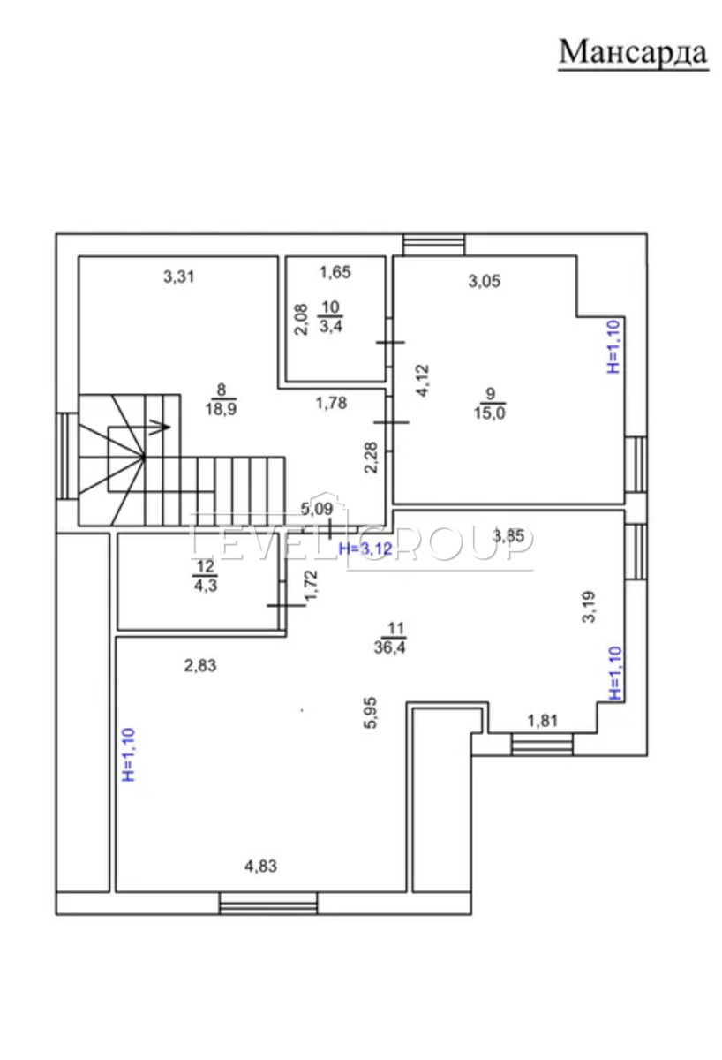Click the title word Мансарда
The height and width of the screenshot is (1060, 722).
[633, 52]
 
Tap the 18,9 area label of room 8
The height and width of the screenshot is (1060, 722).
[221, 409]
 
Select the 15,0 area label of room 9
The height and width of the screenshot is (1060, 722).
[489, 413]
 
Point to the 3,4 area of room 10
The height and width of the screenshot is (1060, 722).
[330, 326]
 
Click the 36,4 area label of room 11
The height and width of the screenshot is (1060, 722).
[389, 647]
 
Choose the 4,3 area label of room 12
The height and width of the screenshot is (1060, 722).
[205, 586]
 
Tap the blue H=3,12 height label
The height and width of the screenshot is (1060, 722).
[366, 549]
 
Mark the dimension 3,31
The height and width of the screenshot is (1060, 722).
[178, 276]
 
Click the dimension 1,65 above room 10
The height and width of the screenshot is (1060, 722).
[335, 272]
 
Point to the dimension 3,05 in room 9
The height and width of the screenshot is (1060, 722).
[485, 281]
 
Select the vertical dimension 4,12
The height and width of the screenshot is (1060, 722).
[422, 380]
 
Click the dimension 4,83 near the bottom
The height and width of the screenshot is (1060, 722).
[260, 867]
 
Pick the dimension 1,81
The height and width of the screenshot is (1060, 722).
[543, 721]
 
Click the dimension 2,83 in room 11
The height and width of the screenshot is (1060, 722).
[200, 665]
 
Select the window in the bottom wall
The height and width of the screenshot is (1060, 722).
[268, 904]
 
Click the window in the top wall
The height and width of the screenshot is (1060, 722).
[433, 245]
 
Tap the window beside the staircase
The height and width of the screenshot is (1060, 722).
[67, 456]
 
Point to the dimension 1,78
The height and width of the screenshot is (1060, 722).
[331, 403]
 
